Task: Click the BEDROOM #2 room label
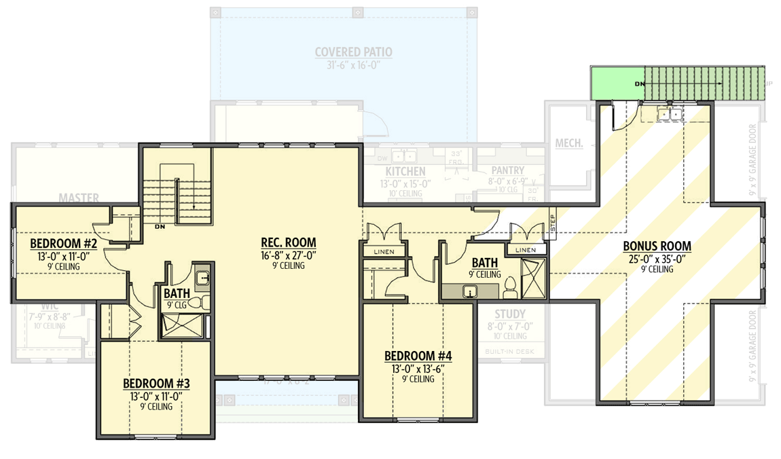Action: pyautogui.click(x=65, y=244)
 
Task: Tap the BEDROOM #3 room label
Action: pyautogui.click(x=156, y=384)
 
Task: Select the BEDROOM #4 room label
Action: pyautogui.click(x=418, y=356)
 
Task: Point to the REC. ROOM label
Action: pyautogui.click(x=289, y=242)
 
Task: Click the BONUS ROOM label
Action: pyautogui.click(x=656, y=246)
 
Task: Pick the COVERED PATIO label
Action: pyautogui.click(x=353, y=52)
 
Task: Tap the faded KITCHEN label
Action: pyautogui.click(x=405, y=172)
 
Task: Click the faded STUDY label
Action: pyautogui.click(x=509, y=314)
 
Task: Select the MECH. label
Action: pyautogui.click(x=569, y=143)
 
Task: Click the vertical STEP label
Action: pyautogui.click(x=552, y=223)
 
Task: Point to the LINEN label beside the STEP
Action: pyautogui.click(x=526, y=250)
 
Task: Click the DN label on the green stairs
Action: pyautogui.click(x=638, y=84)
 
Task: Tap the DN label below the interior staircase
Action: pyautogui.click(x=160, y=226)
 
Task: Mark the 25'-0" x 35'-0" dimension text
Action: pyautogui.click(x=656, y=259)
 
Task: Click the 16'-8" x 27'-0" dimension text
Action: pyautogui.click(x=289, y=255)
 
